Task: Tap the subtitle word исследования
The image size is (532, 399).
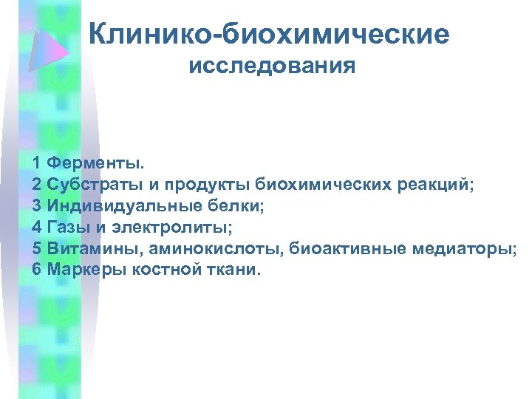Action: [272, 67]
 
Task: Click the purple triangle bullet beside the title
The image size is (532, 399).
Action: [49, 47]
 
